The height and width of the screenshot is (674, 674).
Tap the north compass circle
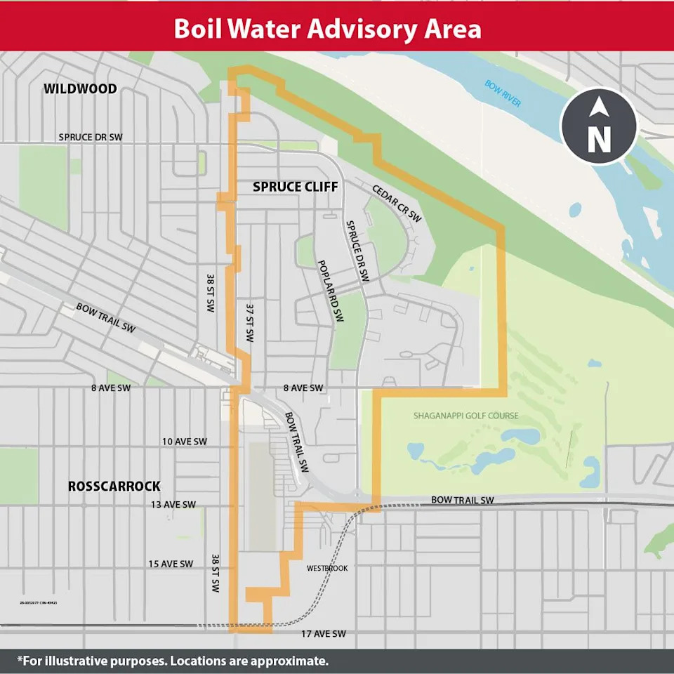click(x=598, y=126)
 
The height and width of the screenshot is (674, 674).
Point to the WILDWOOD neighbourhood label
click(x=80, y=89)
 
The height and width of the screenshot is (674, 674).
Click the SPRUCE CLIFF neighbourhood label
click(x=295, y=187)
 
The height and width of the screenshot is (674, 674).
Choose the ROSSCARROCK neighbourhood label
click(x=114, y=486)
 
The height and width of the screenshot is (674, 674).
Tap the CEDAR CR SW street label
click(x=397, y=203)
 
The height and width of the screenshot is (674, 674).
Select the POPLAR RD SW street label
click(x=331, y=289)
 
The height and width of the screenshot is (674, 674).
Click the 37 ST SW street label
click(x=249, y=322)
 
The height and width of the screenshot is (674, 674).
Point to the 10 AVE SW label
click(x=185, y=442)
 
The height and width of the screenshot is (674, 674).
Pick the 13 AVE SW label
click(x=173, y=504)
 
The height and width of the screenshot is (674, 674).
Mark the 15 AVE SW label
click(x=171, y=564)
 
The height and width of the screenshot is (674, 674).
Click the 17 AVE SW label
click(x=324, y=634)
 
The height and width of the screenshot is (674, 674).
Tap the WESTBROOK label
click(x=327, y=568)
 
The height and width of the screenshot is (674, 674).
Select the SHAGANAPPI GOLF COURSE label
click(x=465, y=416)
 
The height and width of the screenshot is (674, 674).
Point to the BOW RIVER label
click(x=503, y=93)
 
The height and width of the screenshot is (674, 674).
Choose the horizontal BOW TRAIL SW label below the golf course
click(x=463, y=500)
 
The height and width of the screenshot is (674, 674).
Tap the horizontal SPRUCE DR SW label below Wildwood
click(x=91, y=137)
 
